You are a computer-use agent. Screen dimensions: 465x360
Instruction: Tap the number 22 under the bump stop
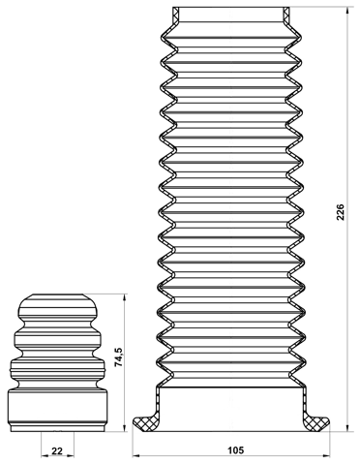pyautogui.click(x=57, y=451)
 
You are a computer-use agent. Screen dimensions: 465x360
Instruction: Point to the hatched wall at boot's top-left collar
pyautogui.click(x=174, y=14)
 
